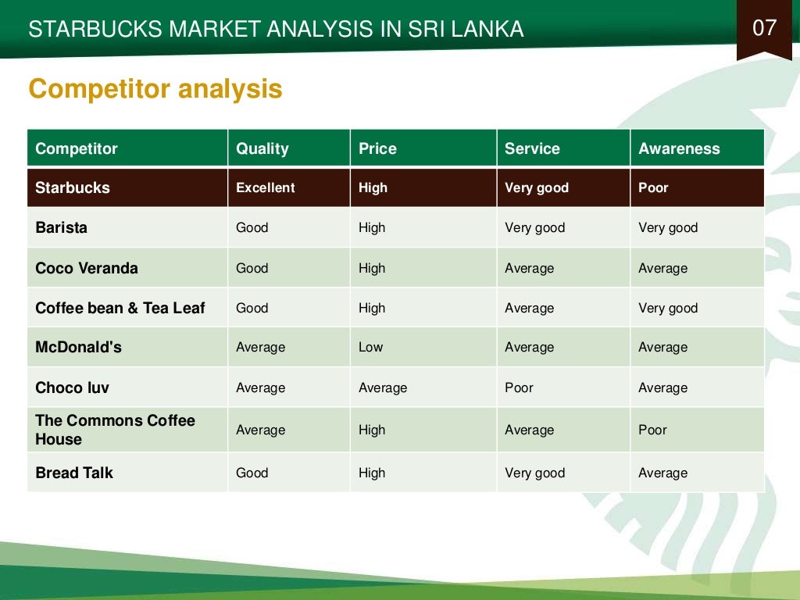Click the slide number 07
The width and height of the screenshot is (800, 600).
[764, 29]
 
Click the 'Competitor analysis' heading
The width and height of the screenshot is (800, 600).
[155, 89]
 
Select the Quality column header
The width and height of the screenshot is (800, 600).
[262, 148]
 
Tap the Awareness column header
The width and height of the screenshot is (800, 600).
[679, 148]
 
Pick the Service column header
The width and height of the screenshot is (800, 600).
[532, 148]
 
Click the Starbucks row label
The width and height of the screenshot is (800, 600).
[73, 187]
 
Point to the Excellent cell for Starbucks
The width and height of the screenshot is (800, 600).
[266, 187]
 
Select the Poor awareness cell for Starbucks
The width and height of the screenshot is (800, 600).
[653, 187]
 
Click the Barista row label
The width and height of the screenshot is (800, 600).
[61, 228]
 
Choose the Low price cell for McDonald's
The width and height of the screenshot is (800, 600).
[370, 348]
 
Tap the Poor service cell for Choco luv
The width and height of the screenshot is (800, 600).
[519, 388]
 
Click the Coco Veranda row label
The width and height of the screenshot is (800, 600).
[87, 268]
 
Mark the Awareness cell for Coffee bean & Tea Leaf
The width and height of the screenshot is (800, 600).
[668, 309]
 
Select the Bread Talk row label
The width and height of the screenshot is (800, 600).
[74, 473]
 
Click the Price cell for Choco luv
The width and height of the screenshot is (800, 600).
[383, 388]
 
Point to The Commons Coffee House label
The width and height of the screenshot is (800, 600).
[115, 430]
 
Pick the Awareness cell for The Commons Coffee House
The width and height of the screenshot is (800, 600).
[653, 430]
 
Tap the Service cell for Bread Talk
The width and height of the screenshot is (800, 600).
[534, 473]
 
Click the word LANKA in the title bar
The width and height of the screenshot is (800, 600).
[488, 30]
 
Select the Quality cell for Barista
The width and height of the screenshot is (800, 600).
[252, 228]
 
